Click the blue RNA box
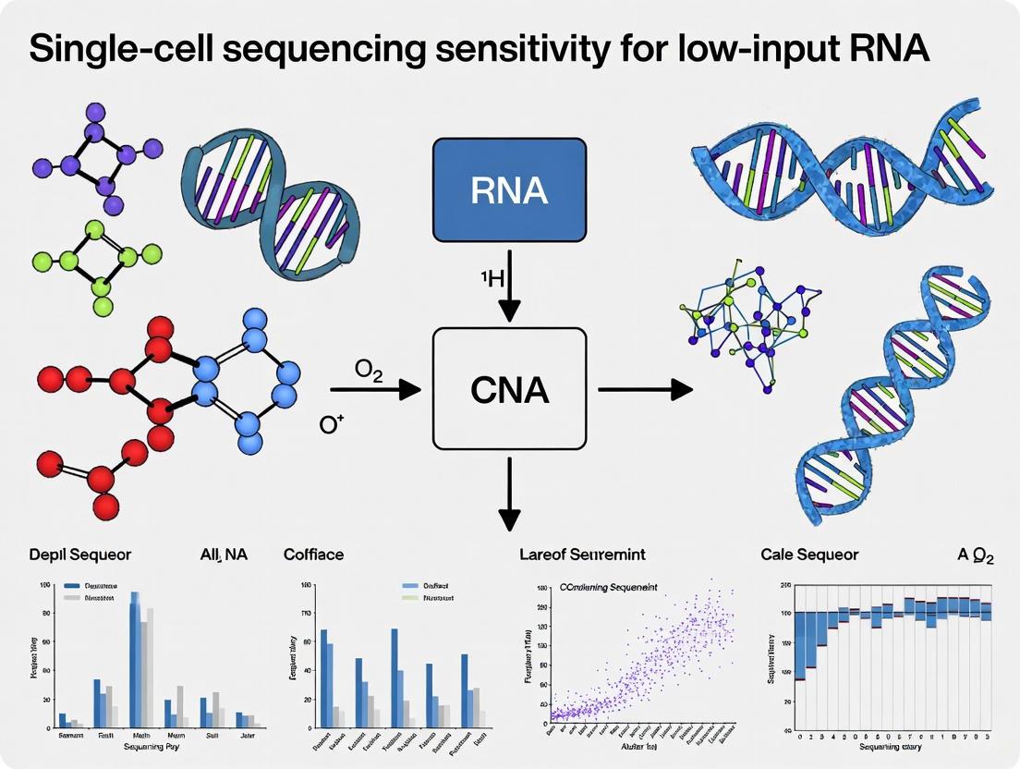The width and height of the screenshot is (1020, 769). (509, 190)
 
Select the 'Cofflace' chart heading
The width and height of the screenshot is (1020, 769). (313, 555)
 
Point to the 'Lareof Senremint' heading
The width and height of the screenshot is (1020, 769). (583, 555)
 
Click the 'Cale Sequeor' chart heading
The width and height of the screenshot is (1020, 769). (810, 555)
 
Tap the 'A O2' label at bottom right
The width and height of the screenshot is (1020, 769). (975, 555)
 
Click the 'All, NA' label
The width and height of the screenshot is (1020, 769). (224, 555)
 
